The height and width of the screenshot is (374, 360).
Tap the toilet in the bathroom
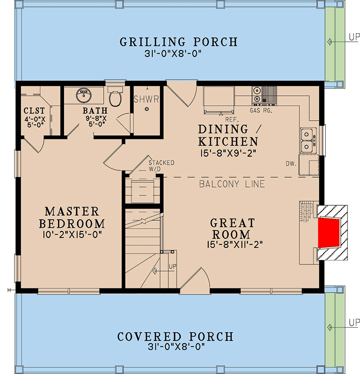pyautogui.click(x=114, y=98)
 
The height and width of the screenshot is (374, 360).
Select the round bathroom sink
pyautogui.click(x=84, y=96)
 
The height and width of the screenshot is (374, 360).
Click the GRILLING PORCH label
pyautogui.click(x=179, y=42)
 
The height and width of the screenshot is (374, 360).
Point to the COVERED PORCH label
pyautogui.click(x=175, y=337)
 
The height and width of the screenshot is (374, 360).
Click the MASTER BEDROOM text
pyautogui.click(x=72, y=217)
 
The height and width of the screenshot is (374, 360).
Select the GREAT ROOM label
pyautogui.click(x=232, y=229)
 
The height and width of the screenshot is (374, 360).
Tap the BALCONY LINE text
pyautogui.click(x=232, y=184)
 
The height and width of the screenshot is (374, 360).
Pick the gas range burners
pyautogui.click(x=257, y=95)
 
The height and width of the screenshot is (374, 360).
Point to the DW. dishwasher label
pyautogui.click(x=291, y=163)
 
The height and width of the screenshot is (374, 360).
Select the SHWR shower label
pyautogui.click(x=147, y=99)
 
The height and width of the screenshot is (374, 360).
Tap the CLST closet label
pyautogui.click(x=34, y=111)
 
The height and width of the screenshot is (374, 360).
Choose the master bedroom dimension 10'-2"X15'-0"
pyautogui.click(x=72, y=233)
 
